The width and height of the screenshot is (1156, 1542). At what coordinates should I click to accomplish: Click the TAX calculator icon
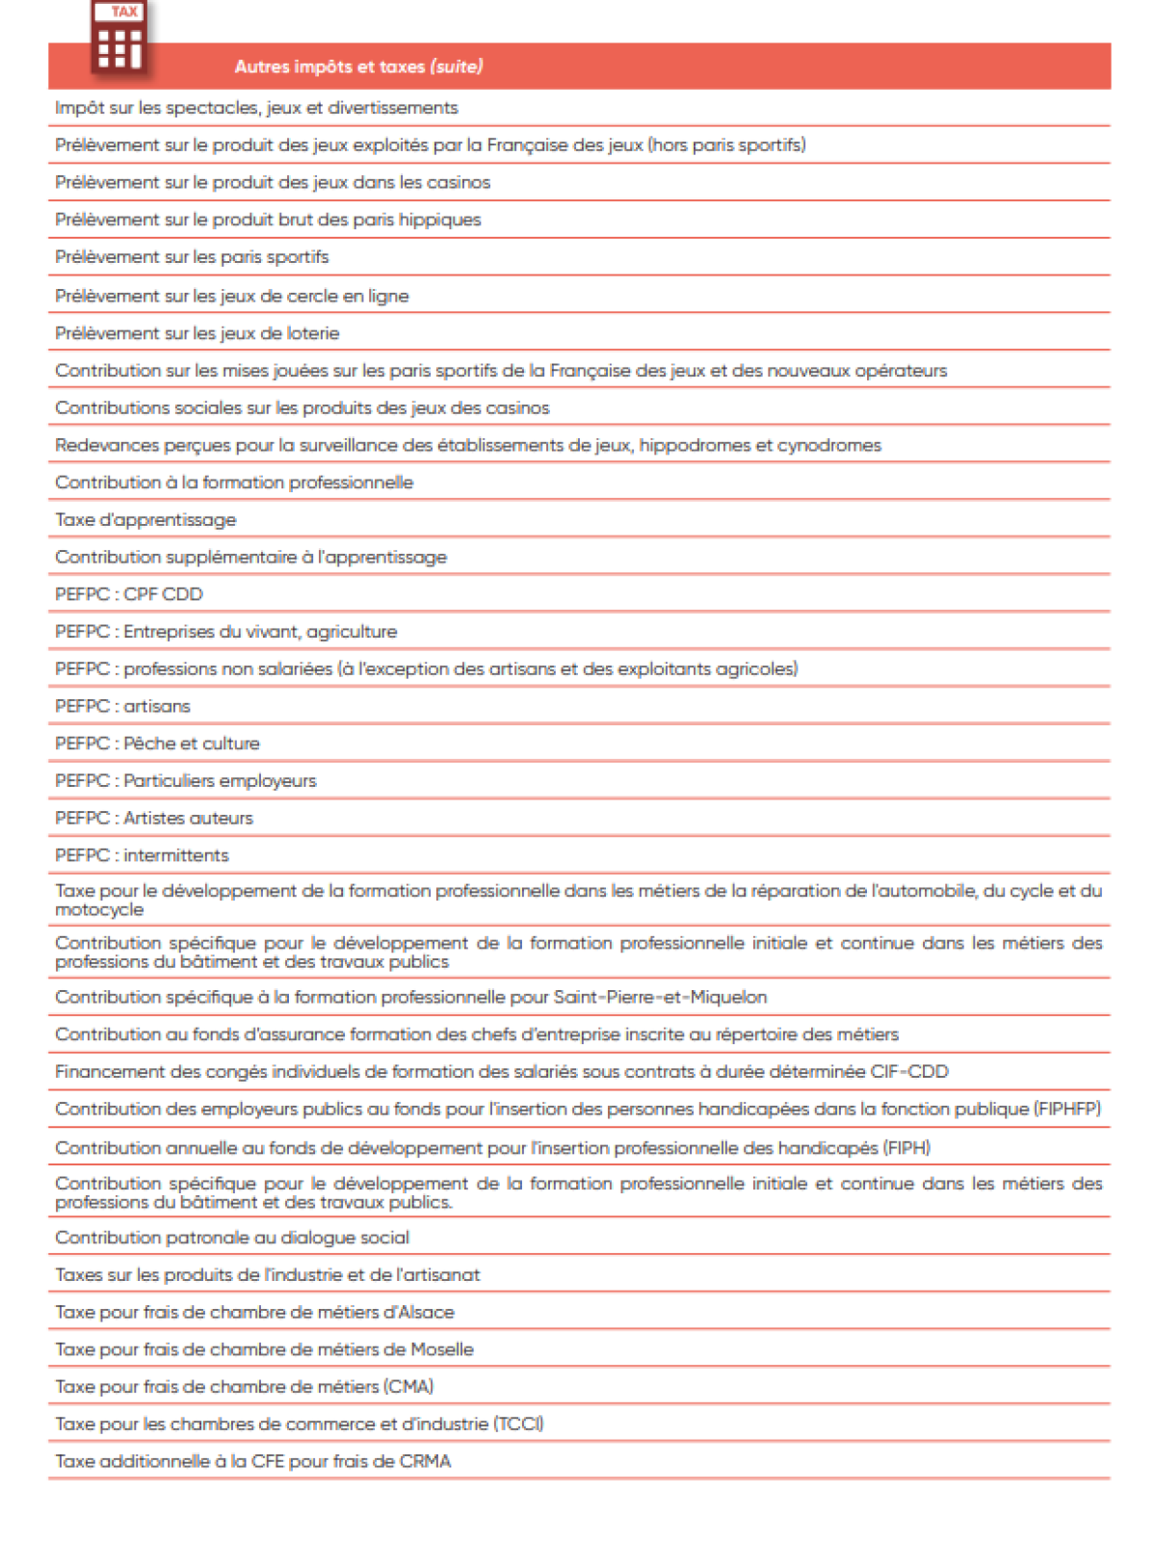(x=119, y=38)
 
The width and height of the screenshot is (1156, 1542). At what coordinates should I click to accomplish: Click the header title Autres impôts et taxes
(x=358, y=66)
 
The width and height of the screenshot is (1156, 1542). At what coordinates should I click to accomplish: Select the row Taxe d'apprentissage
(x=145, y=520)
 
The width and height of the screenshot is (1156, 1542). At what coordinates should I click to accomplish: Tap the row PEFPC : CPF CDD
(x=129, y=594)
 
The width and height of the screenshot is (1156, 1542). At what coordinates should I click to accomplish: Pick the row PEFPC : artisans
(x=122, y=706)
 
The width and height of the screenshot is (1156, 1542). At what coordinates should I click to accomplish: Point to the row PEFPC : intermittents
(x=142, y=855)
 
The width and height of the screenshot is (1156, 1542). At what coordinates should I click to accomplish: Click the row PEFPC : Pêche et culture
(x=157, y=744)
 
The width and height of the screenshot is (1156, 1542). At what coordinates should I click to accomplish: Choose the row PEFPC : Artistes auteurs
(x=154, y=818)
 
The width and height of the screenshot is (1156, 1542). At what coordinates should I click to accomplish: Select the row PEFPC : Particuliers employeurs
(x=186, y=780)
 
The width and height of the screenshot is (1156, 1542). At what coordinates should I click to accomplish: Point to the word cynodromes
(x=829, y=445)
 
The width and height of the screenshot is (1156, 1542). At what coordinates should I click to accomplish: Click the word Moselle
(x=442, y=1349)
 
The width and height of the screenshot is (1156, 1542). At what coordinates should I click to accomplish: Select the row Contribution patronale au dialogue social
(x=232, y=1238)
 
